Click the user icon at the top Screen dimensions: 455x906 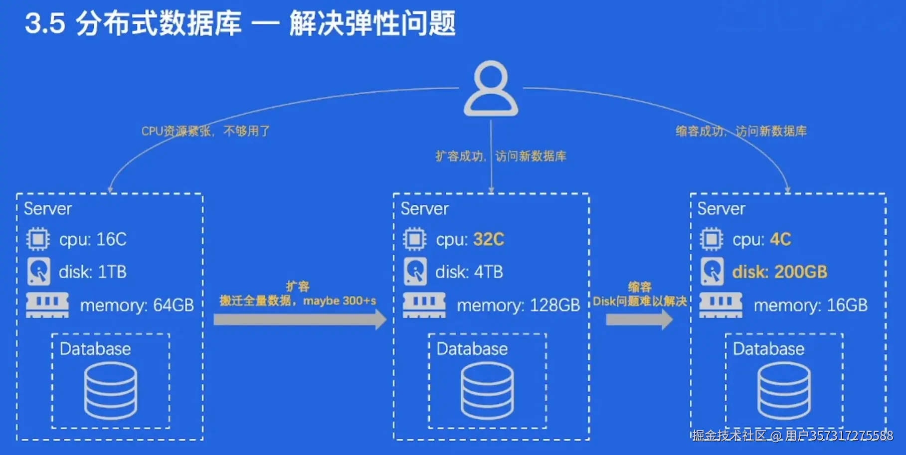click(x=491, y=89)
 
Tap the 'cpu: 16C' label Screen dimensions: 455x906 click(x=93, y=240)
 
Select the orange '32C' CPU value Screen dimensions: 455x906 click(x=489, y=240)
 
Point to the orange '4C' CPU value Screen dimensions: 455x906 click(x=780, y=240)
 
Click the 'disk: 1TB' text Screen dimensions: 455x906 click(x=93, y=272)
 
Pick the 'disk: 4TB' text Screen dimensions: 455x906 click(x=469, y=272)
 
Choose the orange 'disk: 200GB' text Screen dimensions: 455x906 click(x=779, y=272)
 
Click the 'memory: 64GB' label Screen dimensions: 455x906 click(x=137, y=305)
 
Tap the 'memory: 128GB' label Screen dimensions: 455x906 click(x=519, y=305)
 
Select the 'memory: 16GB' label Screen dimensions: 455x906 click(x=810, y=305)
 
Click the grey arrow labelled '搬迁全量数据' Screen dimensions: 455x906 click(x=299, y=319)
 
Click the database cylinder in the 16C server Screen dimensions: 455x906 click(x=110, y=391)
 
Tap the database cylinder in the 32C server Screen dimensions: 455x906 click(x=487, y=391)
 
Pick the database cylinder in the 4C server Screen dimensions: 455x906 click(x=784, y=391)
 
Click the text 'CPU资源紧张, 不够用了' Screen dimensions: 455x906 click(x=205, y=131)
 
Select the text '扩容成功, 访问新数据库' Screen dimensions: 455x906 click(x=501, y=156)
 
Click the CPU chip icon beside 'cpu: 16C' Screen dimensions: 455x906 click(x=38, y=239)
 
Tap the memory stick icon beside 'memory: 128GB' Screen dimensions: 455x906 click(x=424, y=305)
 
